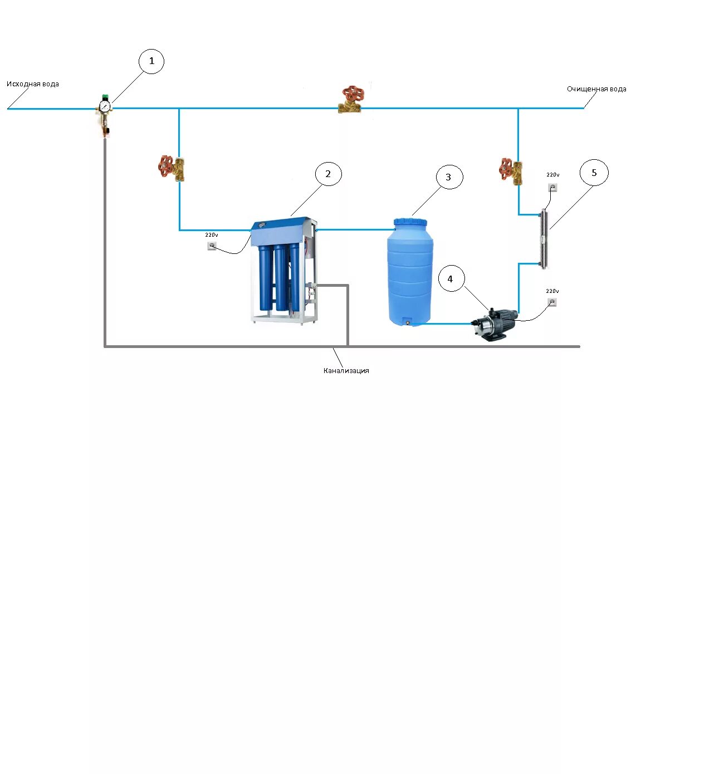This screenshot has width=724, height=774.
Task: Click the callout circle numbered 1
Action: pyautogui.click(x=151, y=61)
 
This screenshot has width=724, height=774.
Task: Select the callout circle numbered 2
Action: pyautogui.click(x=328, y=174)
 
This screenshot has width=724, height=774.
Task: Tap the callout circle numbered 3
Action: pyautogui.click(x=448, y=177)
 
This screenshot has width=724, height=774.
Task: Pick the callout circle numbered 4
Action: pyautogui.click(x=451, y=279)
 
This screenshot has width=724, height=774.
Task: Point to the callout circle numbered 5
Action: pyautogui.click(x=594, y=173)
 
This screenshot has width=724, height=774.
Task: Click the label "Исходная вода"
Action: pyautogui.click(x=33, y=84)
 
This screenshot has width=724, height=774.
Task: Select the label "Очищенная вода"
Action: pyautogui.click(x=596, y=89)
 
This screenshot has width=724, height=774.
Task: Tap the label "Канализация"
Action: pyautogui.click(x=346, y=371)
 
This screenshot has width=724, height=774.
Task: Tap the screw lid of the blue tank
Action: pyautogui.click(x=410, y=222)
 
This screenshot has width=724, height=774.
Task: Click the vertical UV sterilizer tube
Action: pyautogui.click(x=544, y=238)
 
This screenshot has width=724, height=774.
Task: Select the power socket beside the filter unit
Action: pyautogui.click(x=212, y=246)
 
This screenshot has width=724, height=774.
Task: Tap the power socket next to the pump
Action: pyautogui.click(x=552, y=302)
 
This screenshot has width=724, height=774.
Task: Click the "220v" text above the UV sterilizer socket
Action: pyautogui.click(x=552, y=175)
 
